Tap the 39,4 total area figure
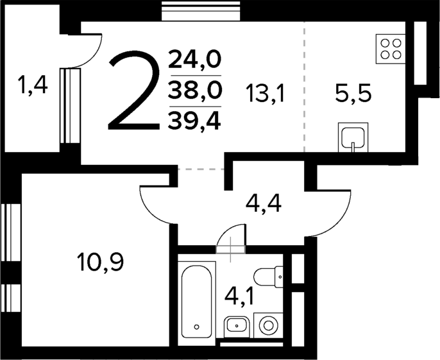point(194,119)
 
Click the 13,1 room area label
point(264,94)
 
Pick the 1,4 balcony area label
point(33,85)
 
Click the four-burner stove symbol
point(391,49)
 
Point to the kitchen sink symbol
point(353,137)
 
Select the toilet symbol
point(269,277)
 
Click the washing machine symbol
point(267,326)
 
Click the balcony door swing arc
point(89,51)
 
